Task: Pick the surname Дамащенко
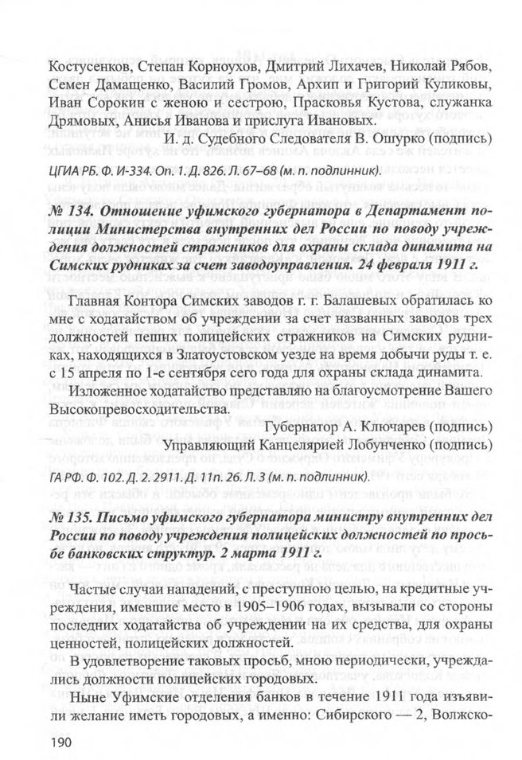click(x=134, y=85)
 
